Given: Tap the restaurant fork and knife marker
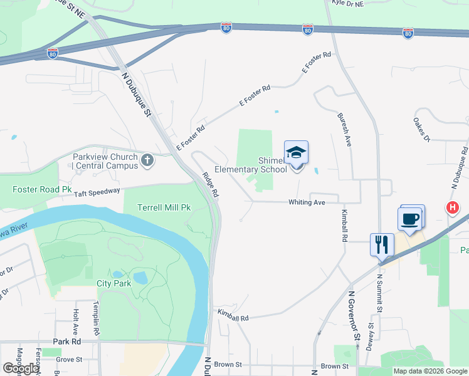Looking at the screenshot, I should [x=382, y=244].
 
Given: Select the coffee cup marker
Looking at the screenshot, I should [x=410, y=219].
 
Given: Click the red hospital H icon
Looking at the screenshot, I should [x=451, y=208].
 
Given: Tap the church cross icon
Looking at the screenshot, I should [x=148, y=161].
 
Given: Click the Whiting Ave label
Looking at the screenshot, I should [x=307, y=202].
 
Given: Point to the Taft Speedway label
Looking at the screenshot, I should [x=97, y=192].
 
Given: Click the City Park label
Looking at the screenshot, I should [x=113, y=283].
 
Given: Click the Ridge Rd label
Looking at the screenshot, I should [x=210, y=185].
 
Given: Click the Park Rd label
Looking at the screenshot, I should [x=67, y=342].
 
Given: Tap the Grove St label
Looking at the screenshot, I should [x=69, y=359].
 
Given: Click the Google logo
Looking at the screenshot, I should [x=21, y=368].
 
